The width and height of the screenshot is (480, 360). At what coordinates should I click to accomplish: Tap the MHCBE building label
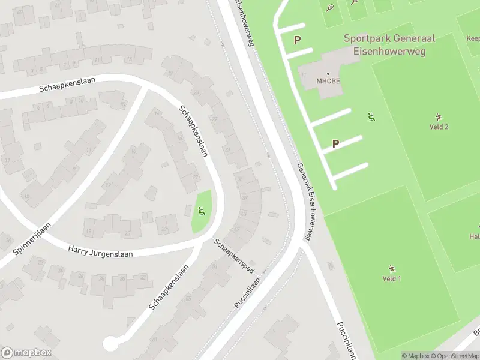[328, 82]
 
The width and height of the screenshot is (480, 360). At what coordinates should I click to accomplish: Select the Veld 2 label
[439, 127]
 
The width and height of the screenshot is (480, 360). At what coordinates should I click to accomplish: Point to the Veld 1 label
[392, 278]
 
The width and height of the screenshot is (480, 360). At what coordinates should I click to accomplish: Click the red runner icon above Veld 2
[439, 117]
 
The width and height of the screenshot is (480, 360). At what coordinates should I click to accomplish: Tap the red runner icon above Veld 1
[392, 269]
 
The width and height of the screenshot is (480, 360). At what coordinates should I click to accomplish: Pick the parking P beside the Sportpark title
[296, 40]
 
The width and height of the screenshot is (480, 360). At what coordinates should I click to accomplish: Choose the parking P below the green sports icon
[335, 143]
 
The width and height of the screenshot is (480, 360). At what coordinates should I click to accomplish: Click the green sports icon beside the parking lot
[371, 117]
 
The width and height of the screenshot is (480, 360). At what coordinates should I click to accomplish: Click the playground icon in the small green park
[202, 211]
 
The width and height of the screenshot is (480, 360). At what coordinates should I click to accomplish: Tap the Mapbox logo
[26, 353]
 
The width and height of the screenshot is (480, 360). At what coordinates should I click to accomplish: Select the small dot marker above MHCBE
[328, 74]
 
